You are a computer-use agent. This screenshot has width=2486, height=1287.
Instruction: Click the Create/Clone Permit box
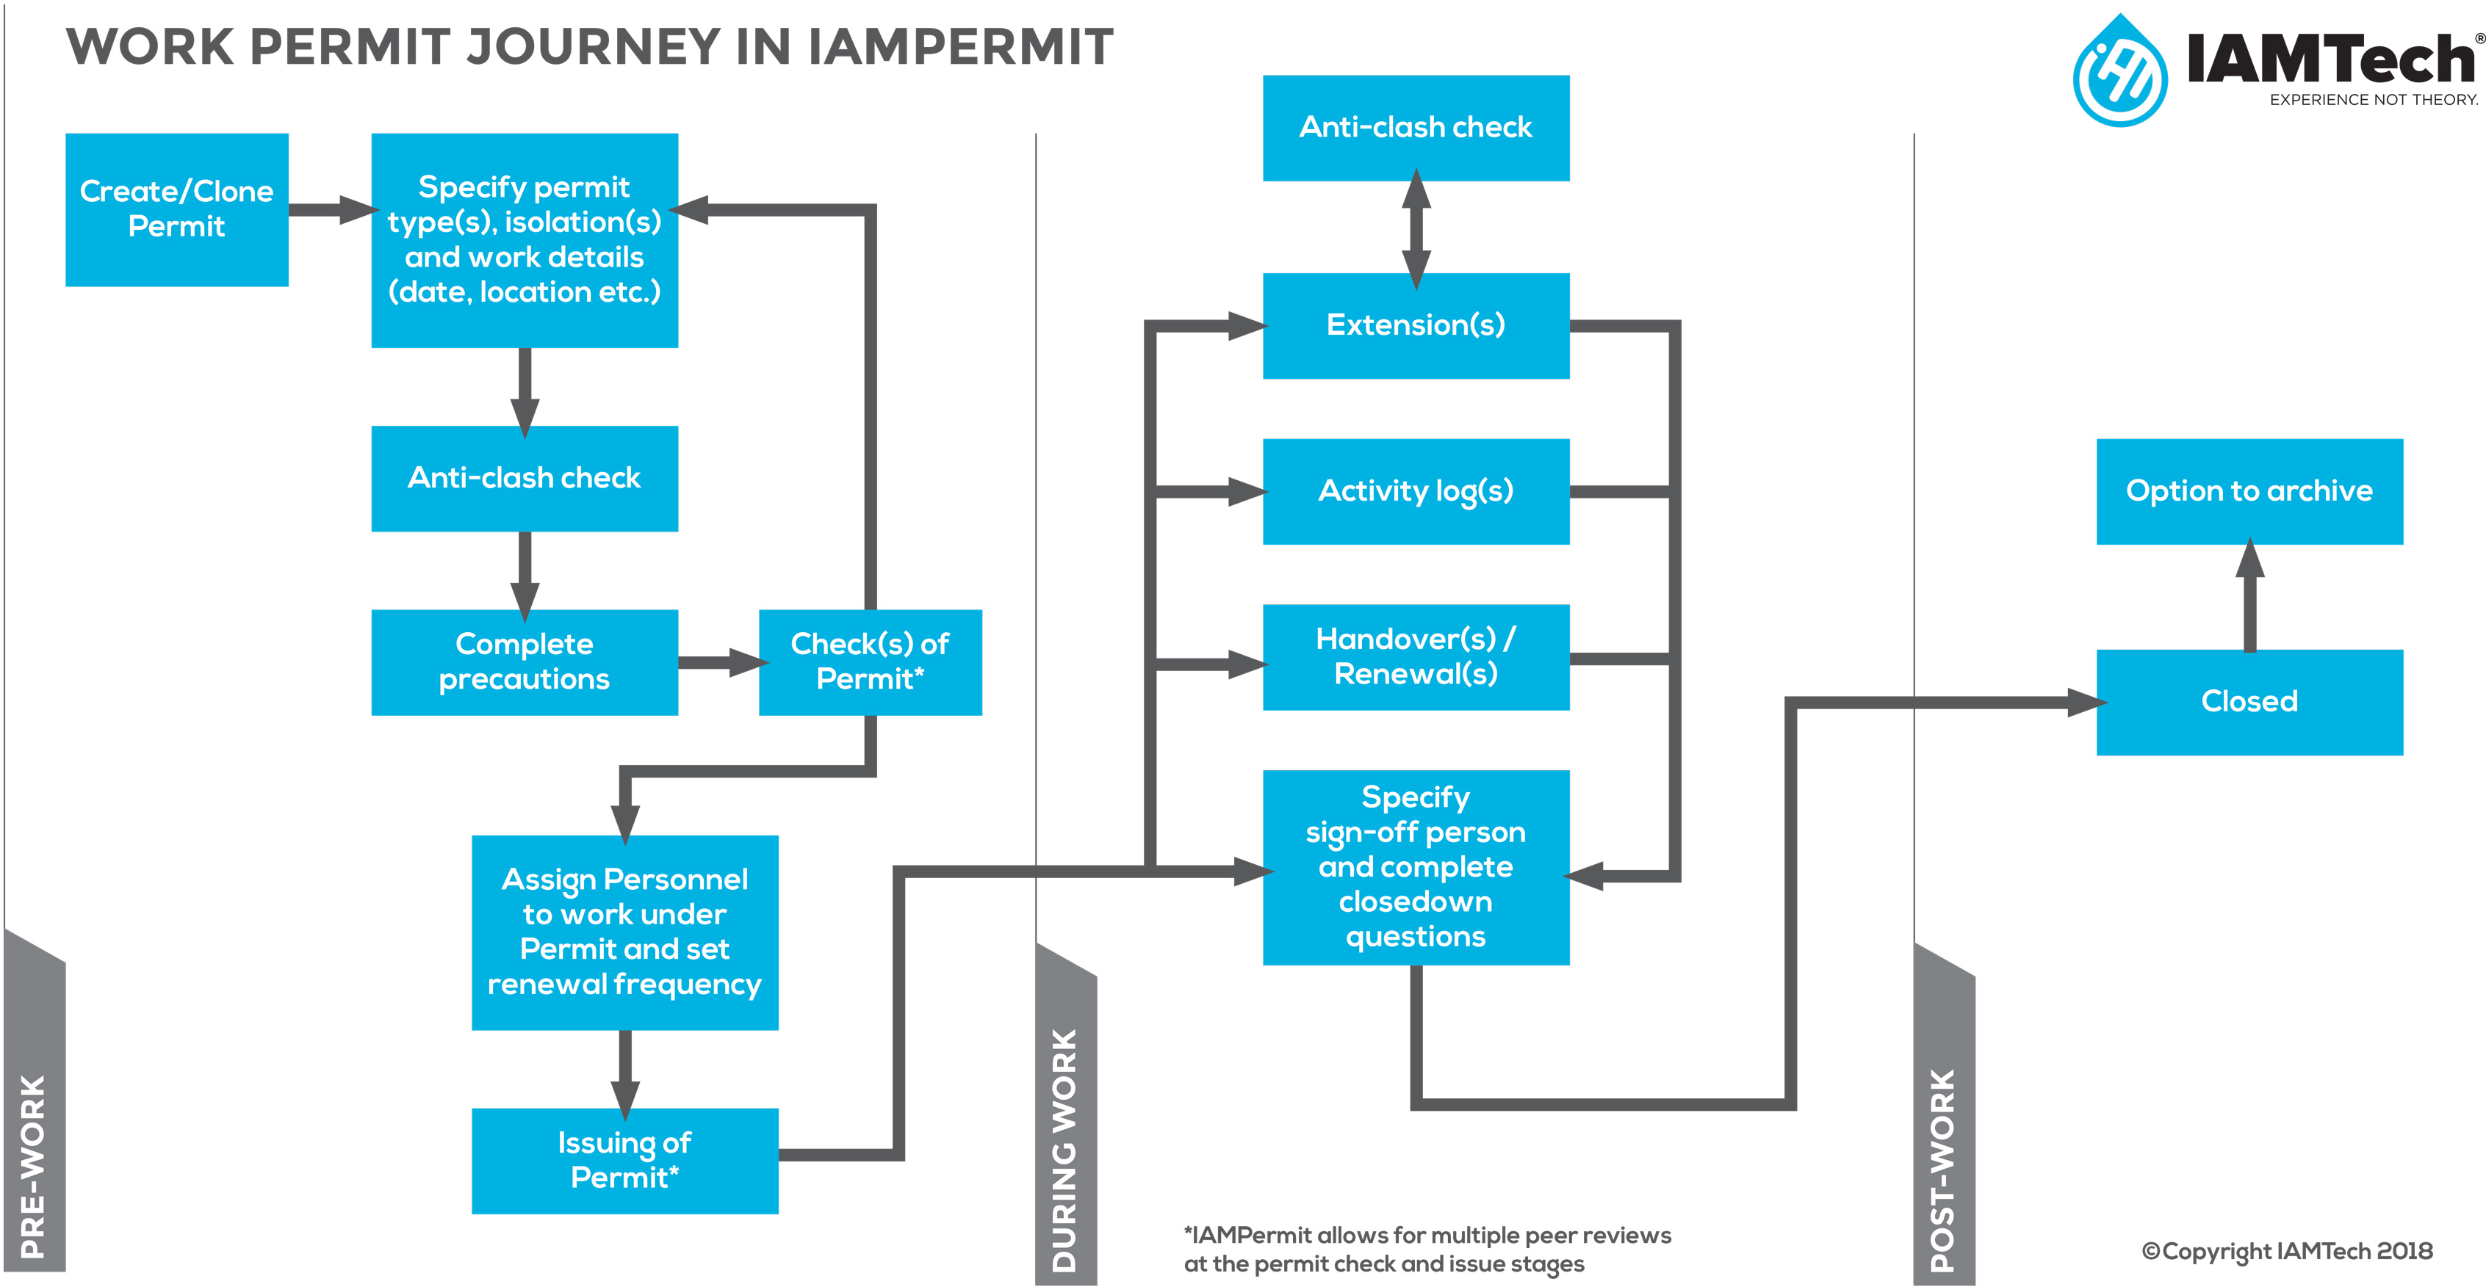176,209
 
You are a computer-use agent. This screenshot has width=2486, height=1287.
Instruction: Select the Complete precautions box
524,661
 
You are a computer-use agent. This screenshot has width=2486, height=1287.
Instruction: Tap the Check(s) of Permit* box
870,661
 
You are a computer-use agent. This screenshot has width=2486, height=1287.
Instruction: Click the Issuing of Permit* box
624,1160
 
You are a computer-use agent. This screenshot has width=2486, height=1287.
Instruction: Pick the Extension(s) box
1415,325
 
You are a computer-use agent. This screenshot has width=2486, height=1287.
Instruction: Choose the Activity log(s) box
1415,491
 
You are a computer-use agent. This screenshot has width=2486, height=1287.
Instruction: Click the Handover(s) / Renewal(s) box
1415,657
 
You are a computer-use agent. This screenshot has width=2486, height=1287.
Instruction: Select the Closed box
2249,701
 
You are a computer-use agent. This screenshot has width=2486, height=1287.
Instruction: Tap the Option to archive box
2249,491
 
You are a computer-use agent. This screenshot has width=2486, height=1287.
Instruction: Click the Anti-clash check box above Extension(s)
1415,127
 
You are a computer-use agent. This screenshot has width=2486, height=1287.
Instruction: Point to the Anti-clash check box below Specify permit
524,477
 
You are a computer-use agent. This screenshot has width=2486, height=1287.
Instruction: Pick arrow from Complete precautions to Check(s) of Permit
719,661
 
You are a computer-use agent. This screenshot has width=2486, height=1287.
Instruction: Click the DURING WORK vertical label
1064,1148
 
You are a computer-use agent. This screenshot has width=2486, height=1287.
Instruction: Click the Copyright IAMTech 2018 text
2286,1251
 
